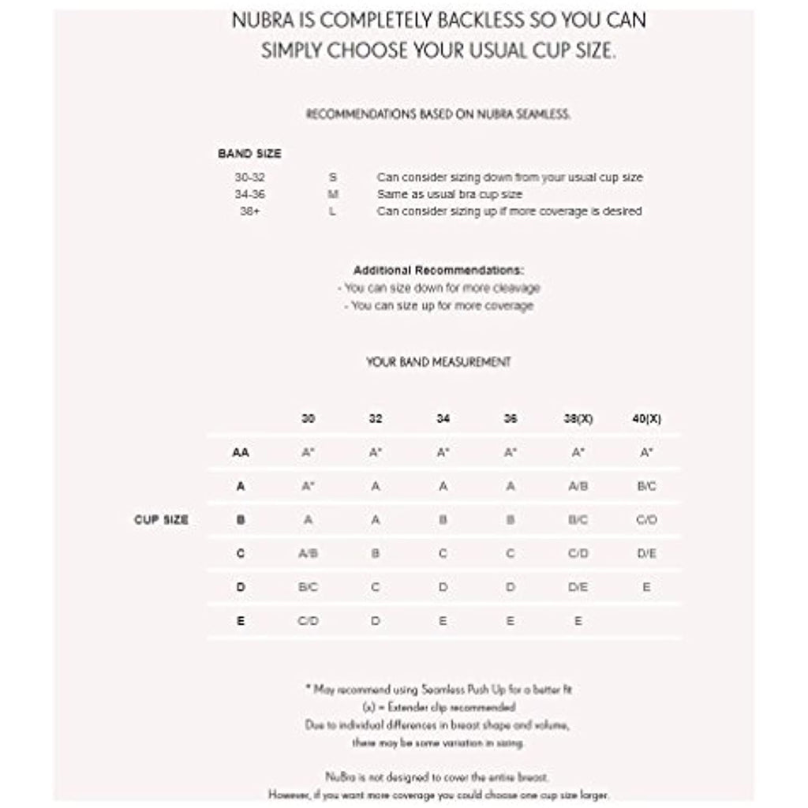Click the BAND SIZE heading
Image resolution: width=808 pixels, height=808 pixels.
pyautogui.click(x=249, y=154)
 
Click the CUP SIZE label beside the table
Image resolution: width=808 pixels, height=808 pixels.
pyautogui.click(x=161, y=520)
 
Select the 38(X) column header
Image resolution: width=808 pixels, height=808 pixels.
pyautogui.click(x=578, y=419)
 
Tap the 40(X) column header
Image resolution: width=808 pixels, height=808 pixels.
pyautogui.click(x=646, y=419)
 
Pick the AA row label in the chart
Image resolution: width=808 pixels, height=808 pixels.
pyautogui.click(x=241, y=453)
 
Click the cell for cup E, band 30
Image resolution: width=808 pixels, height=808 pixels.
pyautogui.click(x=308, y=621)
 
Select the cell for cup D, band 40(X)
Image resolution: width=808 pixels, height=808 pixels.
pyautogui.click(x=646, y=588)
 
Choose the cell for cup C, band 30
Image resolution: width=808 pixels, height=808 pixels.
pyautogui.click(x=308, y=554)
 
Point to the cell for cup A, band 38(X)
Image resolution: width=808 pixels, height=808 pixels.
pyautogui.click(x=578, y=487)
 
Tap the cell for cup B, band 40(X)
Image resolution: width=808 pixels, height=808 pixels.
pyautogui.click(x=646, y=520)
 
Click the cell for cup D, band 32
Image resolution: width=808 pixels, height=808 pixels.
pyautogui.click(x=376, y=588)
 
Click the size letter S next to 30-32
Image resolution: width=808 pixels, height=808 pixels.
pyautogui.click(x=332, y=178)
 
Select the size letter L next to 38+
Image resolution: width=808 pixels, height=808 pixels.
pyautogui.click(x=332, y=211)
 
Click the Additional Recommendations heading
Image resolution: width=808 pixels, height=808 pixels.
pyautogui.click(x=439, y=271)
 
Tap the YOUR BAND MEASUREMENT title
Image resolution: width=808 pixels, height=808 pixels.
pyautogui.click(x=439, y=362)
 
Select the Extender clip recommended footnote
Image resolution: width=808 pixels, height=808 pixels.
pyautogui.click(x=439, y=707)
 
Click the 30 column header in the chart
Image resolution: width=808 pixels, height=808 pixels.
pyautogui.click(x=308, y=419)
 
